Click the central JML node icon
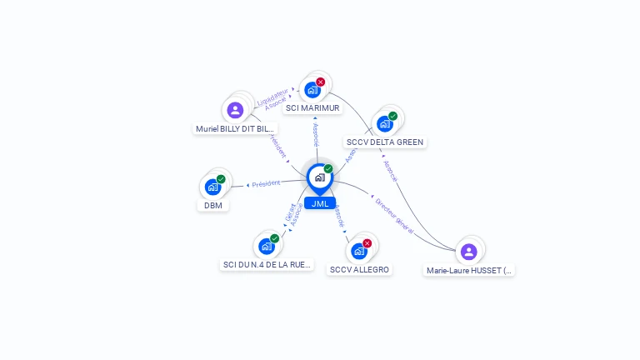(x=319, y=177)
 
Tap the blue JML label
(x=320, y=203)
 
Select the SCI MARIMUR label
(x=312, y=108)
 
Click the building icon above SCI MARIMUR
(x=312, y=90)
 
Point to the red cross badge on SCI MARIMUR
(x=321, y=82)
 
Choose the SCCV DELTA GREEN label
(x=385, y=142)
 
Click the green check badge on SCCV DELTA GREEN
(x=392, y=116)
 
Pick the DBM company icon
(x=212, y=187)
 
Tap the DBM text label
(x=212, y=206)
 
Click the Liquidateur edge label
(x=273, y=95)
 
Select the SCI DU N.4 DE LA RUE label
(x=267, y=265)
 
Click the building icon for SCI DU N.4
(x=267, y=246)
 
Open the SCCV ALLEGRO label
(x=359, y=270)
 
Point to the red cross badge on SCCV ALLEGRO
(x=367, y=243)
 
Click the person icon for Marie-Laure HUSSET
(x=469, y=251)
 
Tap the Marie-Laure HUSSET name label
(x=470, y=271)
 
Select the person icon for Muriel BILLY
(x=236, y=109)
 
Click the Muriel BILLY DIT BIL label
(x=234, y=129)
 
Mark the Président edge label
(x=266, y=183)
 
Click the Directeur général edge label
(x=393, y=214)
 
